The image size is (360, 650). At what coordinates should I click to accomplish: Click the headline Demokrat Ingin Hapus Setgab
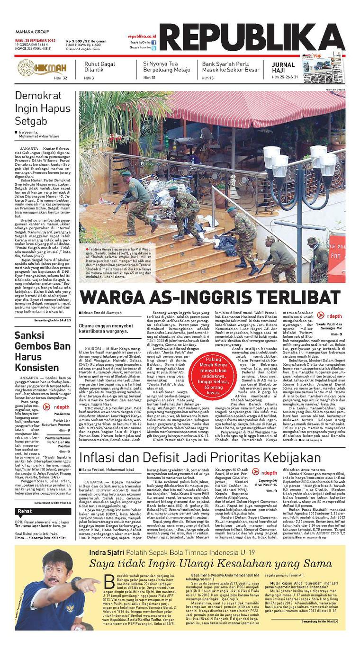(43, 108)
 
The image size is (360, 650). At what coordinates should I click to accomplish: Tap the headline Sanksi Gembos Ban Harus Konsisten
(42, 352)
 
